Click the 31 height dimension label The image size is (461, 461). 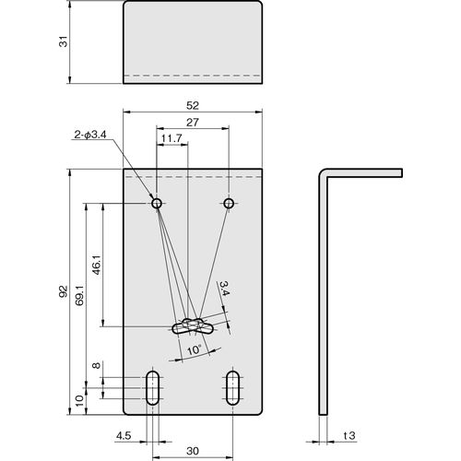click(x=64, y=41)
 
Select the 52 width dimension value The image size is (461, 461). click(x=193, y=106)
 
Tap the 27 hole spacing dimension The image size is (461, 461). click(x=193, y=123)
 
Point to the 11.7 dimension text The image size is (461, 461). click(x=171, y=138)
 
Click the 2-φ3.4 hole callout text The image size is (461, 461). click(x=90, y=135)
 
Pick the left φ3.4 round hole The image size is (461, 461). click(x=157, y=203)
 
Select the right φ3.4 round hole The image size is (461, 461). click(x=229, y=203)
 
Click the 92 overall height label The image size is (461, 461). click(x=63, y=291)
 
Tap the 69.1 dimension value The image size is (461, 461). click(x=80, y=295)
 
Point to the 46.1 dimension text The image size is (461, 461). click(x=97, y=265)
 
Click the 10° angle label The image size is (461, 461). click(x=194, y=350)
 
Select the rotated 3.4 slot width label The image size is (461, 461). click(x=224, y=289)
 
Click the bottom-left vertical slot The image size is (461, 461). click(x=153, y=388)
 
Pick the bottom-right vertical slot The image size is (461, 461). click(x=232, y=388)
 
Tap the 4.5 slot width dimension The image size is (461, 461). click(x=124, y=435)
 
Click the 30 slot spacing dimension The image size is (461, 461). click(x=193, y=451)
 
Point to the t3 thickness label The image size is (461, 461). click(x=349, y=435)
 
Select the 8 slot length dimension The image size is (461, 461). click(x=97, y=365)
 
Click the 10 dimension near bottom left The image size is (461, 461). click(x=79, y=401)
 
